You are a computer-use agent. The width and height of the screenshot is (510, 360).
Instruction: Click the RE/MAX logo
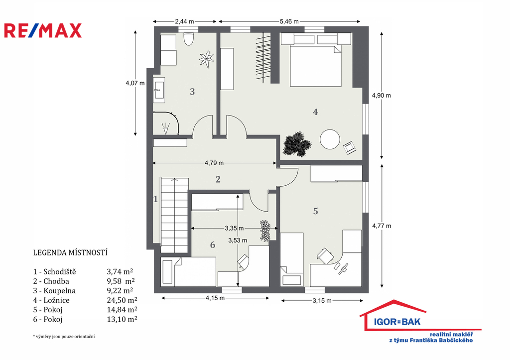point(43,30)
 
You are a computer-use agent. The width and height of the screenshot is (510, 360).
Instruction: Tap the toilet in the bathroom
point(188,38)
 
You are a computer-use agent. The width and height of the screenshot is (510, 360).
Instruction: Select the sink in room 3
point(159,88)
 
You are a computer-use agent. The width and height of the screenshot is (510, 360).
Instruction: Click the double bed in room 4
point(316,66)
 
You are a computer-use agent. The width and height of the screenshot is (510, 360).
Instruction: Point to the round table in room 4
point(330,139)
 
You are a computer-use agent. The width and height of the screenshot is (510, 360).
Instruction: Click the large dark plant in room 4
point(297,144)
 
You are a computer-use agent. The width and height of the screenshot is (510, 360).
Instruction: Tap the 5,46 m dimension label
point(289,21)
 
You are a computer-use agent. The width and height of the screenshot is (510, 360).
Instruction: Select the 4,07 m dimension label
point(135,83)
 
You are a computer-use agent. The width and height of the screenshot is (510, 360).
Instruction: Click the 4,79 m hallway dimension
point(214,163)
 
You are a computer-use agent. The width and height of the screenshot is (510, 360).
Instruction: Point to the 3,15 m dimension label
point(322,300)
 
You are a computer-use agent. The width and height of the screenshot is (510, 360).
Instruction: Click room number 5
point(315,211)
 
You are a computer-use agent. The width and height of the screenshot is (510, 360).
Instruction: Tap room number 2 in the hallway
point(218,179)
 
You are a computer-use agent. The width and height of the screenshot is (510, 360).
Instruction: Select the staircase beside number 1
point(174,215)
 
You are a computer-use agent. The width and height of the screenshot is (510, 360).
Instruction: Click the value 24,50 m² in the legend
point(122,300)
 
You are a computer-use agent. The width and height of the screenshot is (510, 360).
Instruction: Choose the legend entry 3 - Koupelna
point(54,290)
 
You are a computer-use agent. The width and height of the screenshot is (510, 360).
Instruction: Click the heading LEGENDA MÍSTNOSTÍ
point(70,252)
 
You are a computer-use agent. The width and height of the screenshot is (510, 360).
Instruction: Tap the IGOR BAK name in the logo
point(397,322)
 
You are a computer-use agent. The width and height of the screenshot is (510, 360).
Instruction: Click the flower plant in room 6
point(265,231)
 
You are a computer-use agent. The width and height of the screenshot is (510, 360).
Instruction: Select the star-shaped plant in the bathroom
point(206,59)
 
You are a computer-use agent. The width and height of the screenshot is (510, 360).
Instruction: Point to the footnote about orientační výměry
point(64,337)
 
